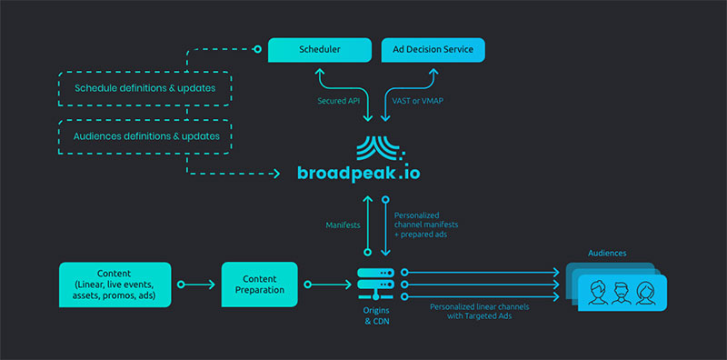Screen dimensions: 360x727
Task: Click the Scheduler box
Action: coord(319,49)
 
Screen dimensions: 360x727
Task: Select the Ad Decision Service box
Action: coord(433,49)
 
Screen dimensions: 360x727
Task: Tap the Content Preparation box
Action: coord(259,285)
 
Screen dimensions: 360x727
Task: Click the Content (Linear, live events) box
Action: coord(115,285)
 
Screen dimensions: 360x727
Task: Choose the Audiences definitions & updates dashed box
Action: coord(146,135)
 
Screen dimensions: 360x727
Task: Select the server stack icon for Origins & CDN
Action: coord(374,284)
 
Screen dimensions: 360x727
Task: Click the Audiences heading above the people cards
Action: coord(607,253)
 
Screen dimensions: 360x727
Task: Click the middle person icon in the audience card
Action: coord(621,293)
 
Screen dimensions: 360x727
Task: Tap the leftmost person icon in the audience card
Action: coord(597,293)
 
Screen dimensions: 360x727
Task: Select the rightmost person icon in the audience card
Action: coord(644,293)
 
